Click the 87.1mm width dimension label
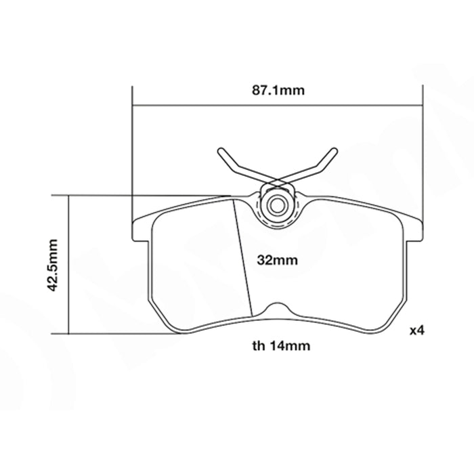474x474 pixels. coord(278,90)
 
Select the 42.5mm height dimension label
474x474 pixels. coord(53,265)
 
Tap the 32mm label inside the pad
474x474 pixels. coord(277,260)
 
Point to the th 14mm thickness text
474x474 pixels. coord(281,346)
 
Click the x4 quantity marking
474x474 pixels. coord(417,330)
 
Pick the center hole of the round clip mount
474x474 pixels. coord(276,206)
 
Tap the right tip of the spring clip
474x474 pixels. coord(334,150)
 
